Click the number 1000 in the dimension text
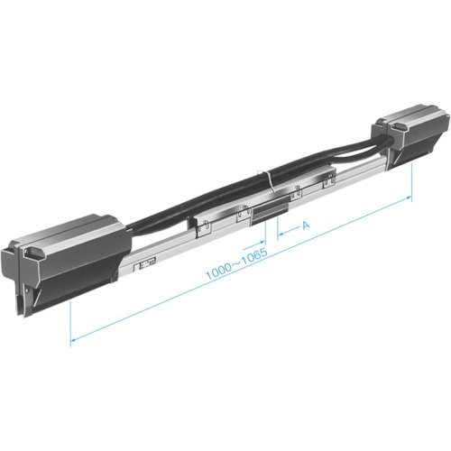[x=218, y=272]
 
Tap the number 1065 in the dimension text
[x=255, y=256]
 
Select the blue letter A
[x=306, y=225]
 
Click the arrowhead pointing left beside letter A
[x=281, y=234]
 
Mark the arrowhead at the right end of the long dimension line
[x=409, y=198]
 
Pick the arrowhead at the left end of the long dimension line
[x=73, y=340]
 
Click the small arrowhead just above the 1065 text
[x=262, y=242]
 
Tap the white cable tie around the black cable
[x=269, y=181]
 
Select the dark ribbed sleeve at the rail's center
[x=270, y=213]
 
